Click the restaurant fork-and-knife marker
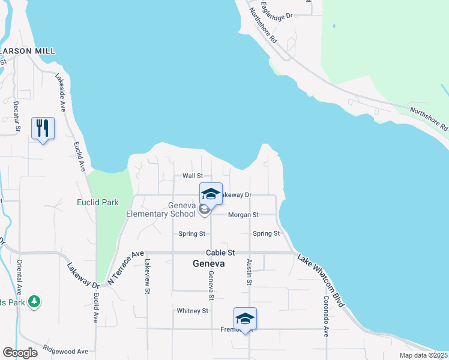click(x=43, y=128)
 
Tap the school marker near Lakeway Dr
click(x=211, y=194)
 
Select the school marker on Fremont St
click(x=245, y=319)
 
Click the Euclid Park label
click(x=98, y=203)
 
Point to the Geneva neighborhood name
click(x=208, y=263)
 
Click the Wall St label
click(x=193, y=176)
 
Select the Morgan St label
click(x=243, y=214)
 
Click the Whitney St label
click(x=192, y=311)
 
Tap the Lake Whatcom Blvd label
click(x=321, y=280)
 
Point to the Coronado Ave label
click(x=327, y=316)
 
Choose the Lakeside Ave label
click(x=61, y=94)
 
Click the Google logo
click(x=20, y=353)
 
